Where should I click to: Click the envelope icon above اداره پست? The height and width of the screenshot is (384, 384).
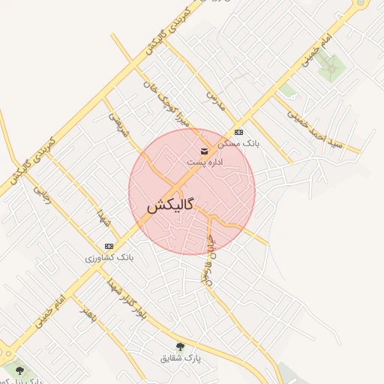coord(205,151)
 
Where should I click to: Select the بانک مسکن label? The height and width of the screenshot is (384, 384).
coord(238,142)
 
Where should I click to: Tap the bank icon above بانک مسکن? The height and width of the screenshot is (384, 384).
coord(238,132)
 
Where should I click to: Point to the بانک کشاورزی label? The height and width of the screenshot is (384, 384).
coord(109,256)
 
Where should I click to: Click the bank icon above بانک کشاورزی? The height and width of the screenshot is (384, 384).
coord(109,246)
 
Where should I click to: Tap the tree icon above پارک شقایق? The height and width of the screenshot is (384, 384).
coord(180,346)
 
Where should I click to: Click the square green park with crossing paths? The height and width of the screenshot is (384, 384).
coord(328,67)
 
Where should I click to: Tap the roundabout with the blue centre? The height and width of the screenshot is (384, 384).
coord(362,4)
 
